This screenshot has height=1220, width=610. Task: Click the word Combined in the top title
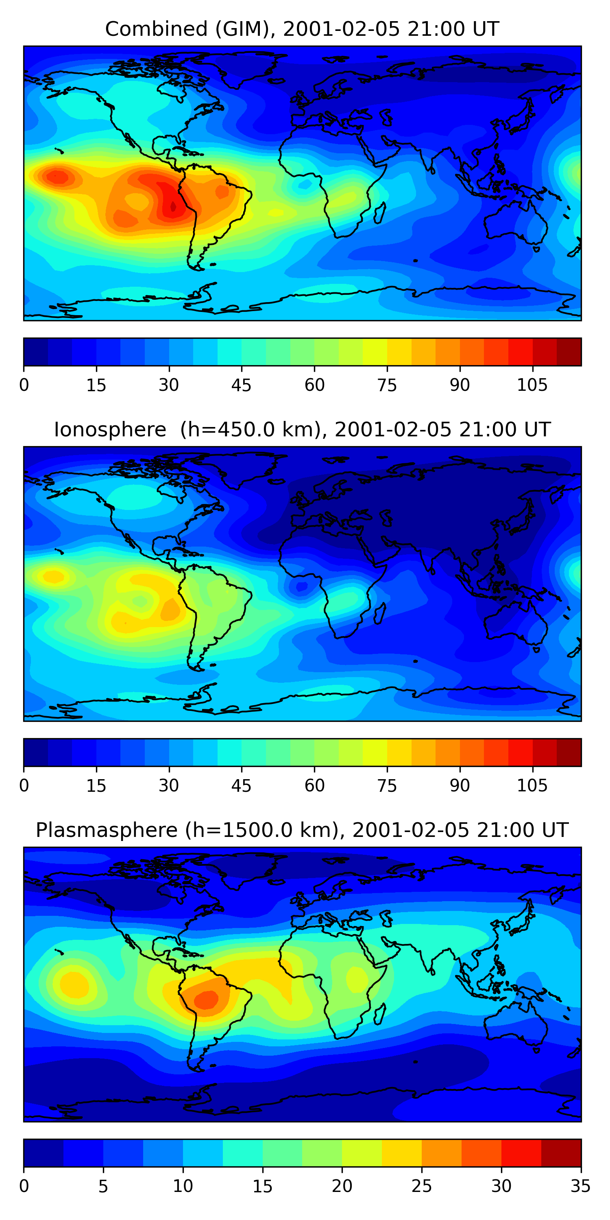[157, 29]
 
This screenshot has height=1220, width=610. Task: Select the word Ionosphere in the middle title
[110, 430]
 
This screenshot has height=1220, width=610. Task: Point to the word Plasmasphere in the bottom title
[107, 830]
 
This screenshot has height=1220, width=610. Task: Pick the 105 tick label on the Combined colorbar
[532, 386]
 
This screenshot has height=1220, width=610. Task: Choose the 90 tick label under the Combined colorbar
[460, 386]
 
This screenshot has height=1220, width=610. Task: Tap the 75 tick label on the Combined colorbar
[387, 386]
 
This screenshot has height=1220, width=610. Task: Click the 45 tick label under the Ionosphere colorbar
[242, 786]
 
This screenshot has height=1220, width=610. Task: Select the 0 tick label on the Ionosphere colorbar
[24, 786]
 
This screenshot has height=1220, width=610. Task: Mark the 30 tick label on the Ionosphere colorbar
[169, 786]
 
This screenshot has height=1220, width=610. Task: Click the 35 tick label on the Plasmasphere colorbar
[581, 1186]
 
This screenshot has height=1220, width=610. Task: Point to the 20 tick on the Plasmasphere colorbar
[342, 1186]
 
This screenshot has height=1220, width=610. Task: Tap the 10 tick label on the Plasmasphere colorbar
[183, 1186]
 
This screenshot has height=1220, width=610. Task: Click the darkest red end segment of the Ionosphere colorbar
[569, 752]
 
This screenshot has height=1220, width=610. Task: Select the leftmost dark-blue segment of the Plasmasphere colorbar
[44, 1153]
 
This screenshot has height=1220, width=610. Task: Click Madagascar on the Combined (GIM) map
[380, 213]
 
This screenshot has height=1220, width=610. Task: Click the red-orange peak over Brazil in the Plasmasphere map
[207, 999]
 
